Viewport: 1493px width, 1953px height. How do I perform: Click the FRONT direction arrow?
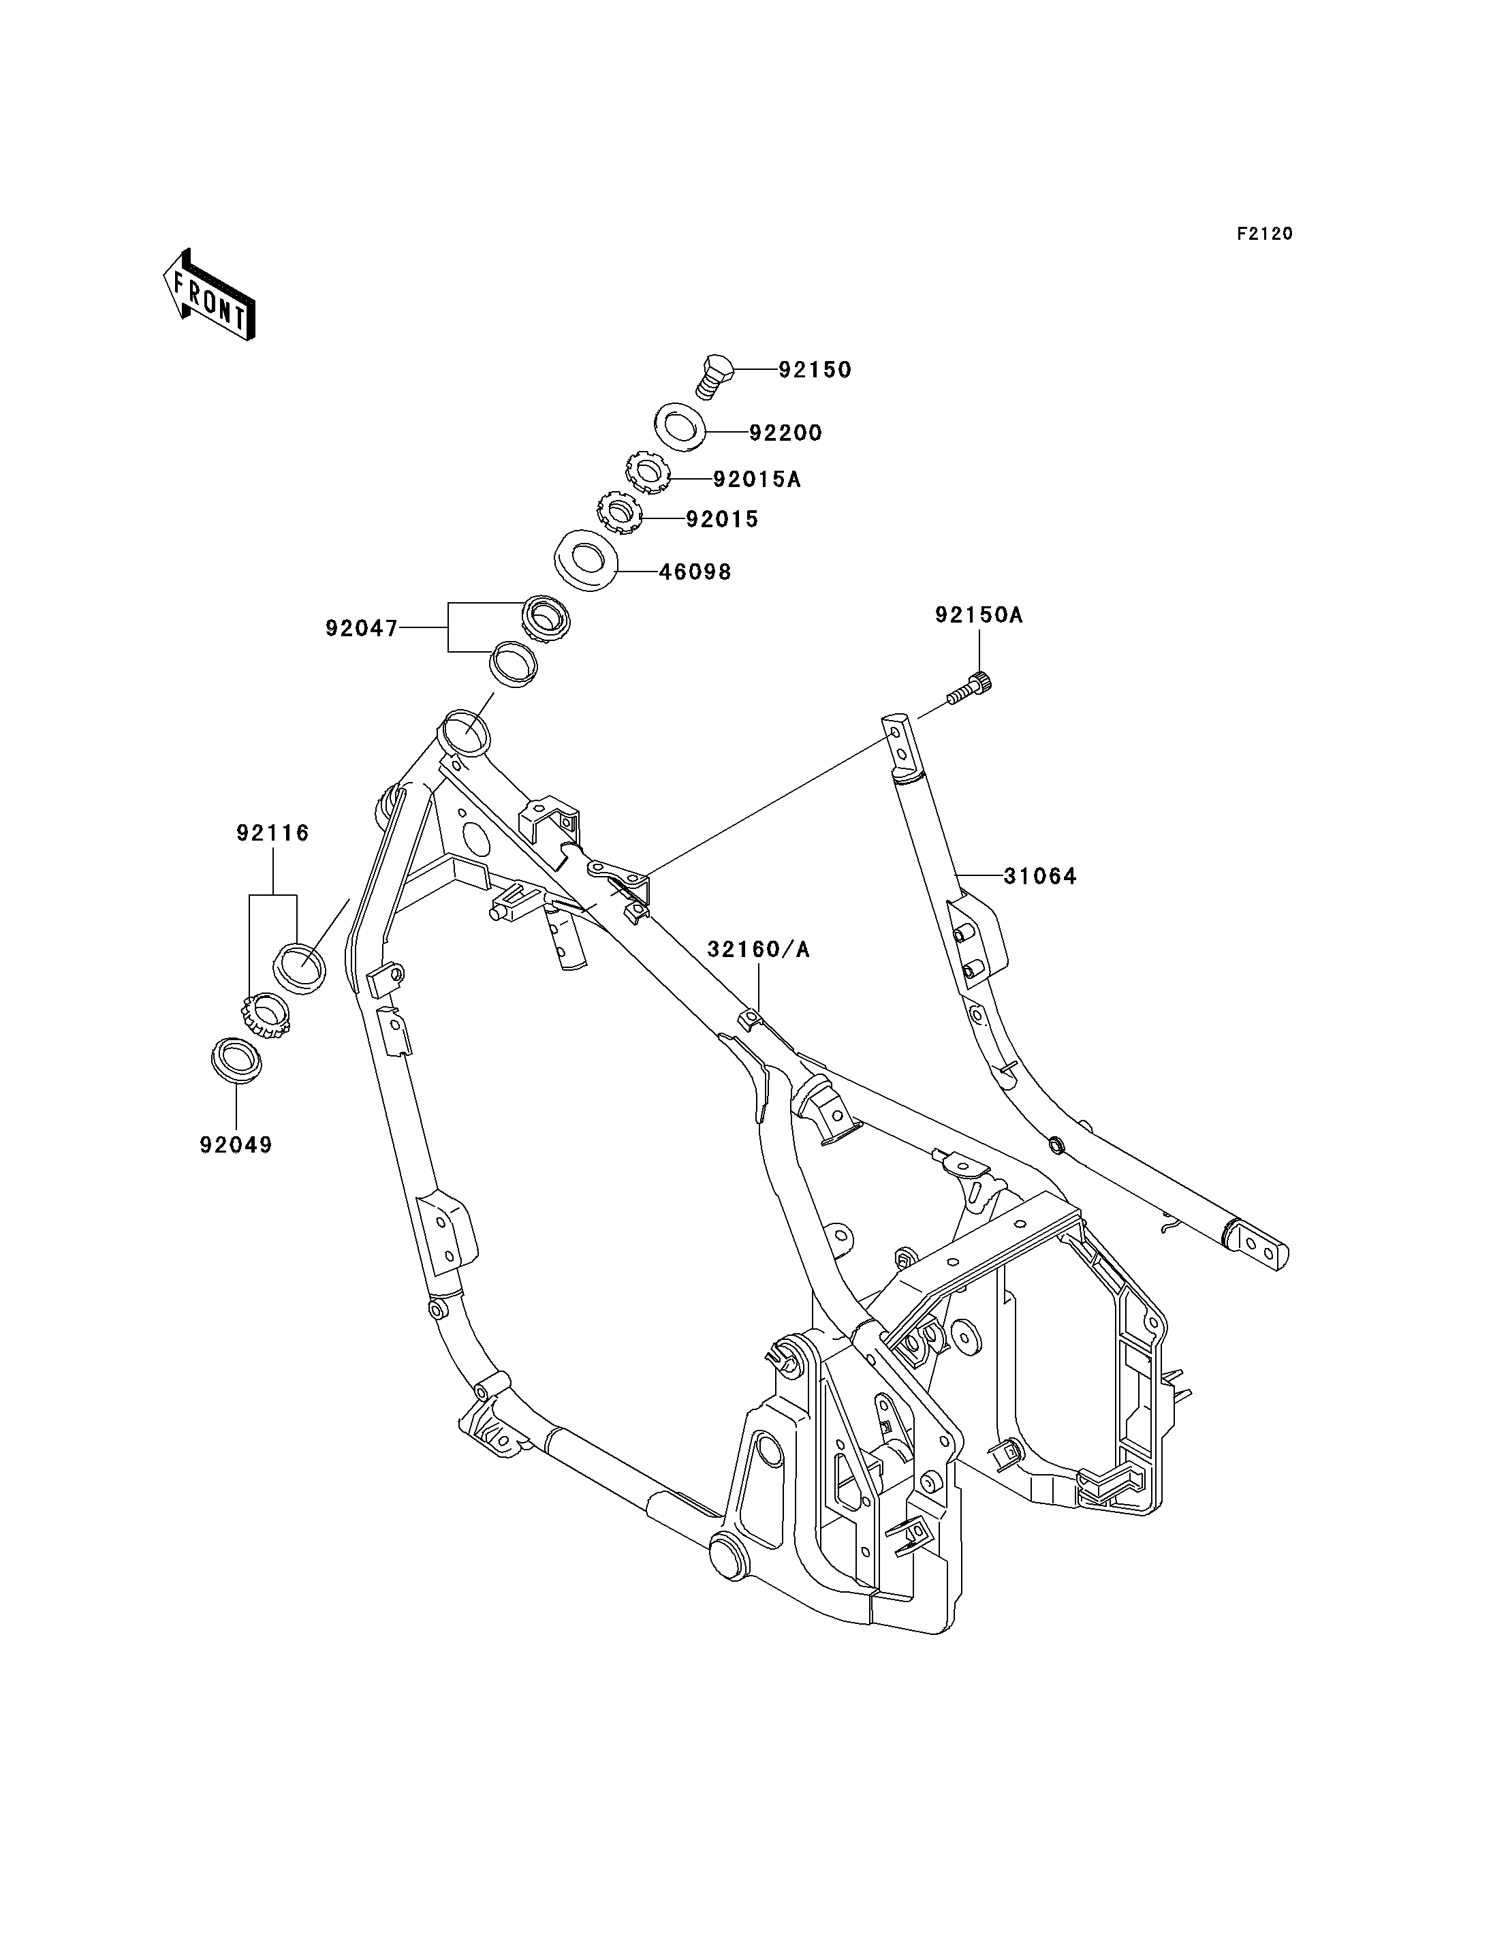coord(210,294)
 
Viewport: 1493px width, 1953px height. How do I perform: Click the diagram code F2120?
coord(1265,234)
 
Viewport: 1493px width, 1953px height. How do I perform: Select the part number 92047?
coord(362,629)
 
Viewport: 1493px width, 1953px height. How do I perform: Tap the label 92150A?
coord(979,614)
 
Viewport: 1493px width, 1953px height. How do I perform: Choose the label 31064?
coord(1040,877)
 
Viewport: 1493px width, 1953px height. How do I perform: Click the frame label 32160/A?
coord(759,950)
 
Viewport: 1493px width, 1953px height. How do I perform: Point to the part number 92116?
coord(273,833)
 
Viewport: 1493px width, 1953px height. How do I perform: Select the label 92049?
coord(236,1145)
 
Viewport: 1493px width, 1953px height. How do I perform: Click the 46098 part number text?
coord(695,572)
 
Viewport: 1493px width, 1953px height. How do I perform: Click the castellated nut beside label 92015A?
coord(647,473)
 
